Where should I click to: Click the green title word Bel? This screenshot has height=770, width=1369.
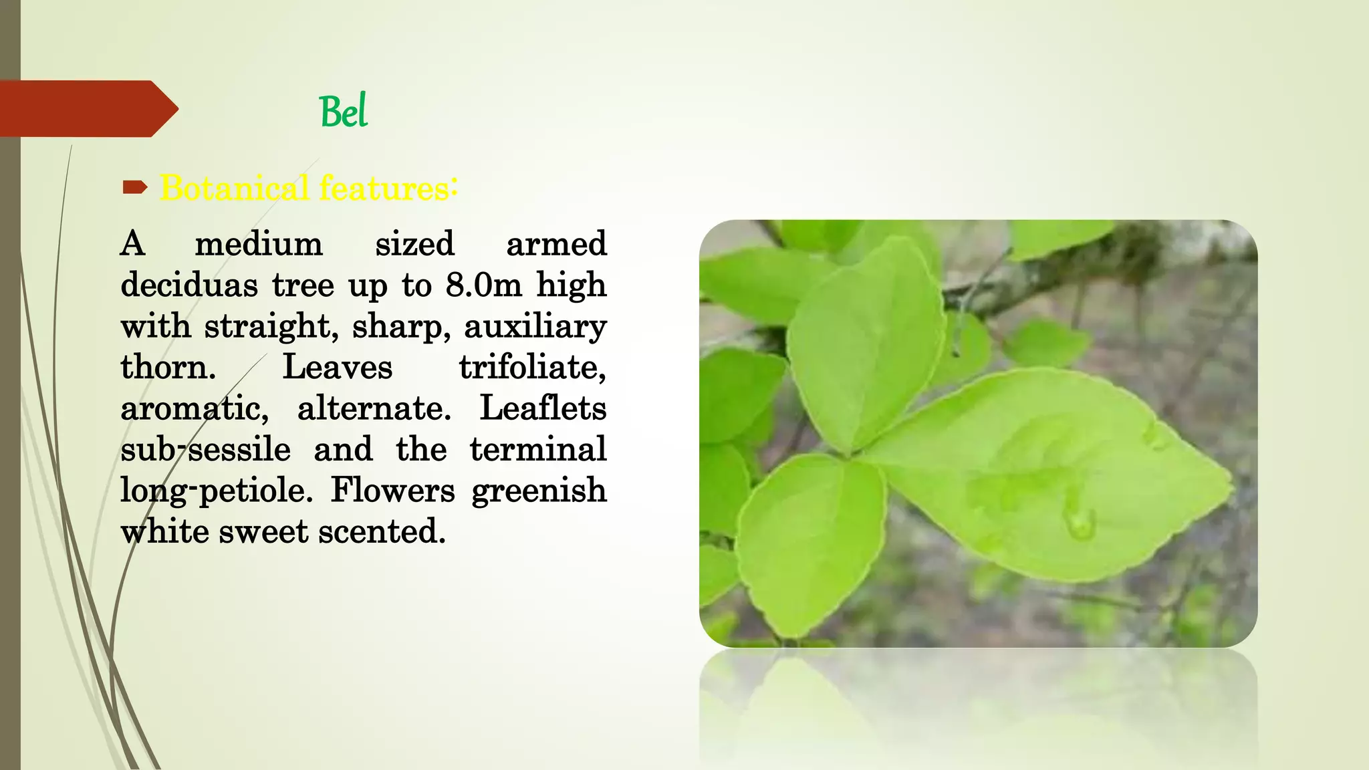344,112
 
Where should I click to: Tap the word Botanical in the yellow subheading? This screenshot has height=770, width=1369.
234,188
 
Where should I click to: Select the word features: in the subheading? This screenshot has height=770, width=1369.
388,188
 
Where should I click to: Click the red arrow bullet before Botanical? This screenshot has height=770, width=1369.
135,188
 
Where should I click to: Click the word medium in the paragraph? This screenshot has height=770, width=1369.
259,244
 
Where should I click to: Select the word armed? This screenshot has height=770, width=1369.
556,244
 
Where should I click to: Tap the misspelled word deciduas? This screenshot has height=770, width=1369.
189,285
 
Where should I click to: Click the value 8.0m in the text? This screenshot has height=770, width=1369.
483,285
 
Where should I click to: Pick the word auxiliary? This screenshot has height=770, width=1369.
535,327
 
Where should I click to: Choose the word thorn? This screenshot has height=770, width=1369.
168,368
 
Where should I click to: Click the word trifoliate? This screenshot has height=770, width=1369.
532,368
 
